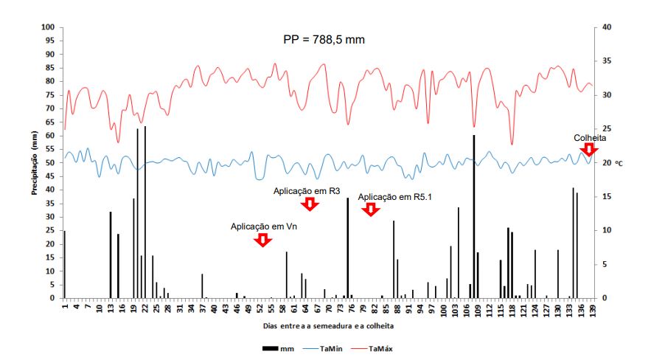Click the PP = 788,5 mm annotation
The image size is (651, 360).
click(x=324, y=39)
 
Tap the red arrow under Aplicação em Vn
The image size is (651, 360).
click(x=262, y=240)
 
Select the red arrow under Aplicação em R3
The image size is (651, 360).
click(x=310, y=204)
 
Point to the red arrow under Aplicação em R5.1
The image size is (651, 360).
click(x=371, y=210)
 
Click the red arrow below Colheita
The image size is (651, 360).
click(x=588, y=150)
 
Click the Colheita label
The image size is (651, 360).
click(x=590, y=138)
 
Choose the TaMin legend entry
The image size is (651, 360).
click(x=332, y=348)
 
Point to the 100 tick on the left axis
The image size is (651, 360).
click(x=49, y=27)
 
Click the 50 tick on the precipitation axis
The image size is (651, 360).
click(x=52, y=163)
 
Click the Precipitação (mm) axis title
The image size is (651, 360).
click(x=35, y=162)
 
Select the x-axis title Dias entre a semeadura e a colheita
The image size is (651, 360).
click(x=327, y=325)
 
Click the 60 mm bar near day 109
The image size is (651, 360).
click(x=473, y=217)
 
